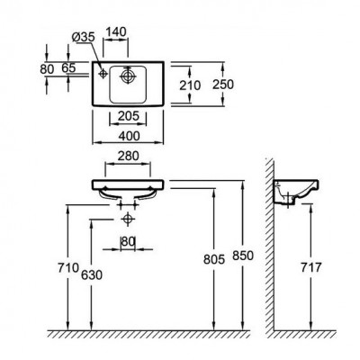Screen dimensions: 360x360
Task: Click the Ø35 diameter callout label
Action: (x=84, y=38)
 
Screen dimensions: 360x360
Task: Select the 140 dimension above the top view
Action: (x=116, y=31)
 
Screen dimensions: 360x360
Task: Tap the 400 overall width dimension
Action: (x=129, y=136)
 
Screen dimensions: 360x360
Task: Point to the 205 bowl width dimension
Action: (x=129, y=116)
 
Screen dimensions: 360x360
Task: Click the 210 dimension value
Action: (x=190, y=85)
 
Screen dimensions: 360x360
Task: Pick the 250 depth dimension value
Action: (x=223, y=85)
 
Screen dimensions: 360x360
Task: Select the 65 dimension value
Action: (x=68, y=68)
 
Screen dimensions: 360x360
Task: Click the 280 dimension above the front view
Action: (x=129, y=156)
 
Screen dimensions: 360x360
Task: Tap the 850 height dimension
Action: (x=243, y=256)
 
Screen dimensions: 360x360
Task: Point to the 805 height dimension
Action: (x=214, y=259)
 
